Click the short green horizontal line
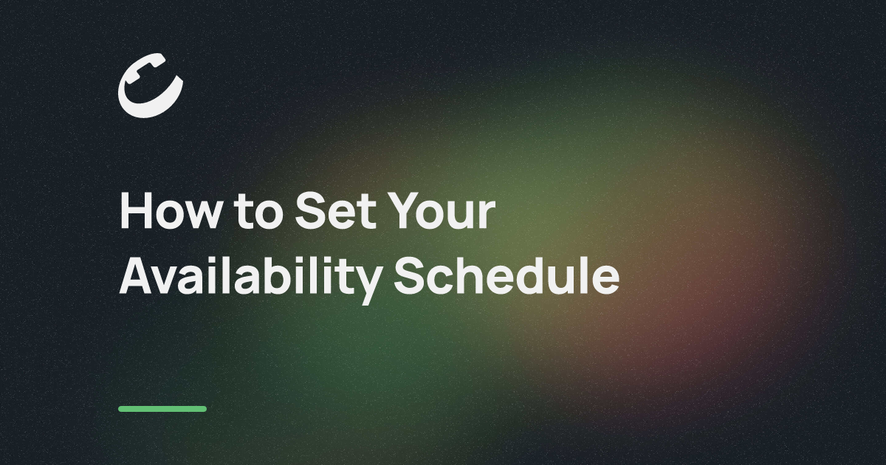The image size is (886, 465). tap(162, 409)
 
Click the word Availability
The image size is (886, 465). tap(251, 280)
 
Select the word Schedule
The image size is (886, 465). tap(506, 275)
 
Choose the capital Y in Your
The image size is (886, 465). tap(403, 210)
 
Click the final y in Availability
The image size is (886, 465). tap(368, 286)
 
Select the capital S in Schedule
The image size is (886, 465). tap(410, 275)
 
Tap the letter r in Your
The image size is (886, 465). tap(487, 215)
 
